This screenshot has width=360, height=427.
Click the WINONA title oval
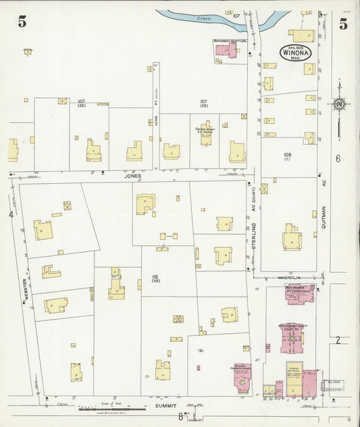(297, 51)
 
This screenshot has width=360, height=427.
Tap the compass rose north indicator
(338, 103)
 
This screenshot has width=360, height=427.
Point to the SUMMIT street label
(165, 407)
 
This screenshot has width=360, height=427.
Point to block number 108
(287, 155)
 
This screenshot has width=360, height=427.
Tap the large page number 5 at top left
(22, 22)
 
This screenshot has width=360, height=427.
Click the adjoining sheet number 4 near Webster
(11, 214)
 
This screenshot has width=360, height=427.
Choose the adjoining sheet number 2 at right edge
(337, 340)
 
